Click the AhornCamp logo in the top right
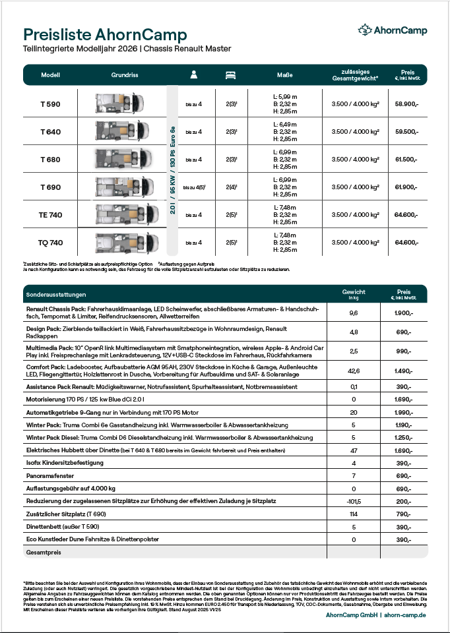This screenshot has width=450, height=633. [392, 30]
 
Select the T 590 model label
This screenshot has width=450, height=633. [50, 104]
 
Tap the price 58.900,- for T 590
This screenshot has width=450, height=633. [406, 104]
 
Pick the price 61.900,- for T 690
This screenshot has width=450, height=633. [406, 187]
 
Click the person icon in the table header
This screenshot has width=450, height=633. [193, 75]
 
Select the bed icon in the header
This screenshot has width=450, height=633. [230, 75]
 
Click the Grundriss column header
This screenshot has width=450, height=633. [124, 75]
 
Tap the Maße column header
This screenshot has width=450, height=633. [284, 75]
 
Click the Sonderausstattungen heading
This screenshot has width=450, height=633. [56, 294]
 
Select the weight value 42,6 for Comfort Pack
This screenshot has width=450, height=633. [354, 371]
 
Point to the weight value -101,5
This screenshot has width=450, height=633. [354, 502]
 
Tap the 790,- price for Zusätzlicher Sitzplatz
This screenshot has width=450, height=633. [403, 514]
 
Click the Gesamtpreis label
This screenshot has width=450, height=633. [43, 552]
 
